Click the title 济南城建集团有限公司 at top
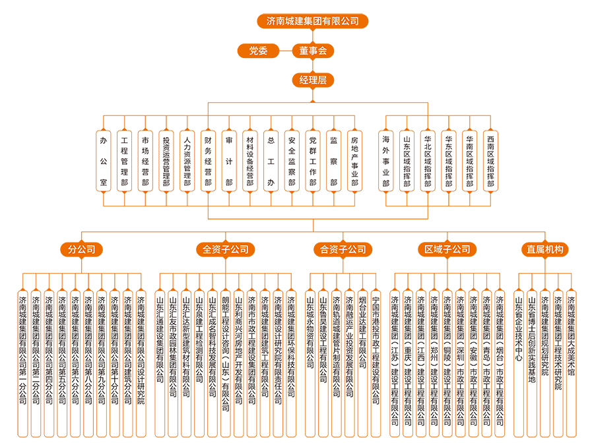point(313,21)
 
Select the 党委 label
point(258,51)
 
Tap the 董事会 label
point(313,51)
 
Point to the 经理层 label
point(313,80)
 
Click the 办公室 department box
point(103,161)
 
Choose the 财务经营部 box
point(209,161)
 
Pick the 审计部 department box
point(229,161)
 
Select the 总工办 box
point(271,161)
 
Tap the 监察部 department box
point(334,161)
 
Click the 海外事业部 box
point(385,161)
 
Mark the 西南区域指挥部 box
point(490,161)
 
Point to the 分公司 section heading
point(82,250)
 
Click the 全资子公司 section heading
point(226,250)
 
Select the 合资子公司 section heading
point(343,250)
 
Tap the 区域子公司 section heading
point(447,250)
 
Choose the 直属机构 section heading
point(545,250)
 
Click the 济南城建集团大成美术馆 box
point(571,363)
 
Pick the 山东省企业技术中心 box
point(519,363)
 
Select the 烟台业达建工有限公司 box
point(362,363)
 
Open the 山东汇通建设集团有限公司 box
point(160,363)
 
